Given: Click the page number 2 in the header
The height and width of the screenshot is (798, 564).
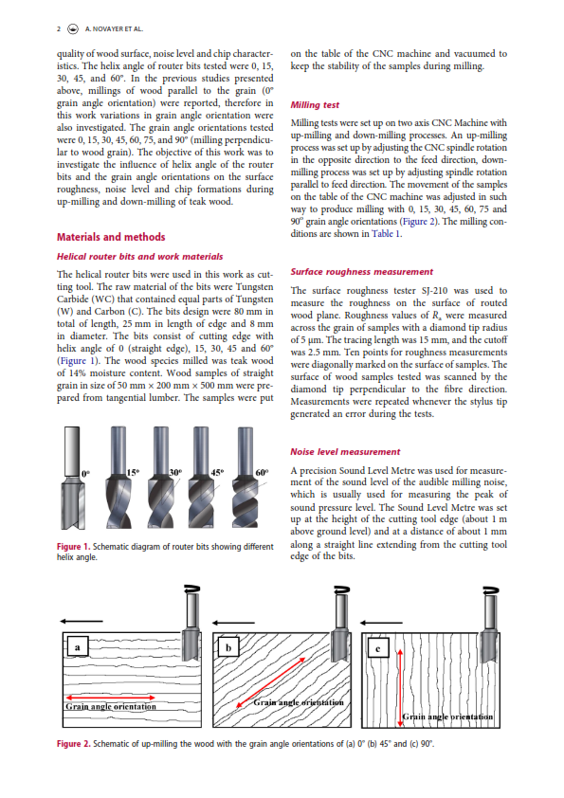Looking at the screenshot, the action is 59,29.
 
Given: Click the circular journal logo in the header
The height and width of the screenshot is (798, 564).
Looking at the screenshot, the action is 73,29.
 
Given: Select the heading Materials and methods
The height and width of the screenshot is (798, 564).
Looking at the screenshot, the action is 111,237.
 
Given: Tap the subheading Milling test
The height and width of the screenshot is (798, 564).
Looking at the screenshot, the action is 315,105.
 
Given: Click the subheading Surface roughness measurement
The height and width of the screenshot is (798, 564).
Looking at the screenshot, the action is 361,272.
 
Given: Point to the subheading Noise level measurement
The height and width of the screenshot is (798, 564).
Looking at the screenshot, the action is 345,452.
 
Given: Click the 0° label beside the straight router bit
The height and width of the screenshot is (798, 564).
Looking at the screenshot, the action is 85,474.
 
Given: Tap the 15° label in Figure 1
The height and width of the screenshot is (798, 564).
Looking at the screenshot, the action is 133,472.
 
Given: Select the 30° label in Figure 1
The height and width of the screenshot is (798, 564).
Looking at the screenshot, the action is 175,472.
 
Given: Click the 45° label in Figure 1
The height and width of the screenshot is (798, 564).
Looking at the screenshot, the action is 217,472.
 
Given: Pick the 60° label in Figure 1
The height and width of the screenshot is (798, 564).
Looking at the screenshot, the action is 262,472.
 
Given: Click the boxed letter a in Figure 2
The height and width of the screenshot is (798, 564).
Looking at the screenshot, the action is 78,647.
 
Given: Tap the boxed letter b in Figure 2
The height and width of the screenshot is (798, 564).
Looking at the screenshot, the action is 228,647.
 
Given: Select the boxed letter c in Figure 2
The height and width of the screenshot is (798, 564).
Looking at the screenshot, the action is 377,648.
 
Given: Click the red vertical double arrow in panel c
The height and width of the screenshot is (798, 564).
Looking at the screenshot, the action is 400,687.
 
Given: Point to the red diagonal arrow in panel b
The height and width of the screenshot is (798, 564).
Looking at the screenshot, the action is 271,682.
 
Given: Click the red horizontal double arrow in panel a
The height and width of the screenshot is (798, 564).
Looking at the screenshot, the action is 110,698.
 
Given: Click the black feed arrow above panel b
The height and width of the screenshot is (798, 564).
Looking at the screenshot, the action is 233,623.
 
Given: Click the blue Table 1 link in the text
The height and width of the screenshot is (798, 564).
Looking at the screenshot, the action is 386,233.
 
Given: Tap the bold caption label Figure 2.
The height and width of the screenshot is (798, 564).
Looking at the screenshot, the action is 73,744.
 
